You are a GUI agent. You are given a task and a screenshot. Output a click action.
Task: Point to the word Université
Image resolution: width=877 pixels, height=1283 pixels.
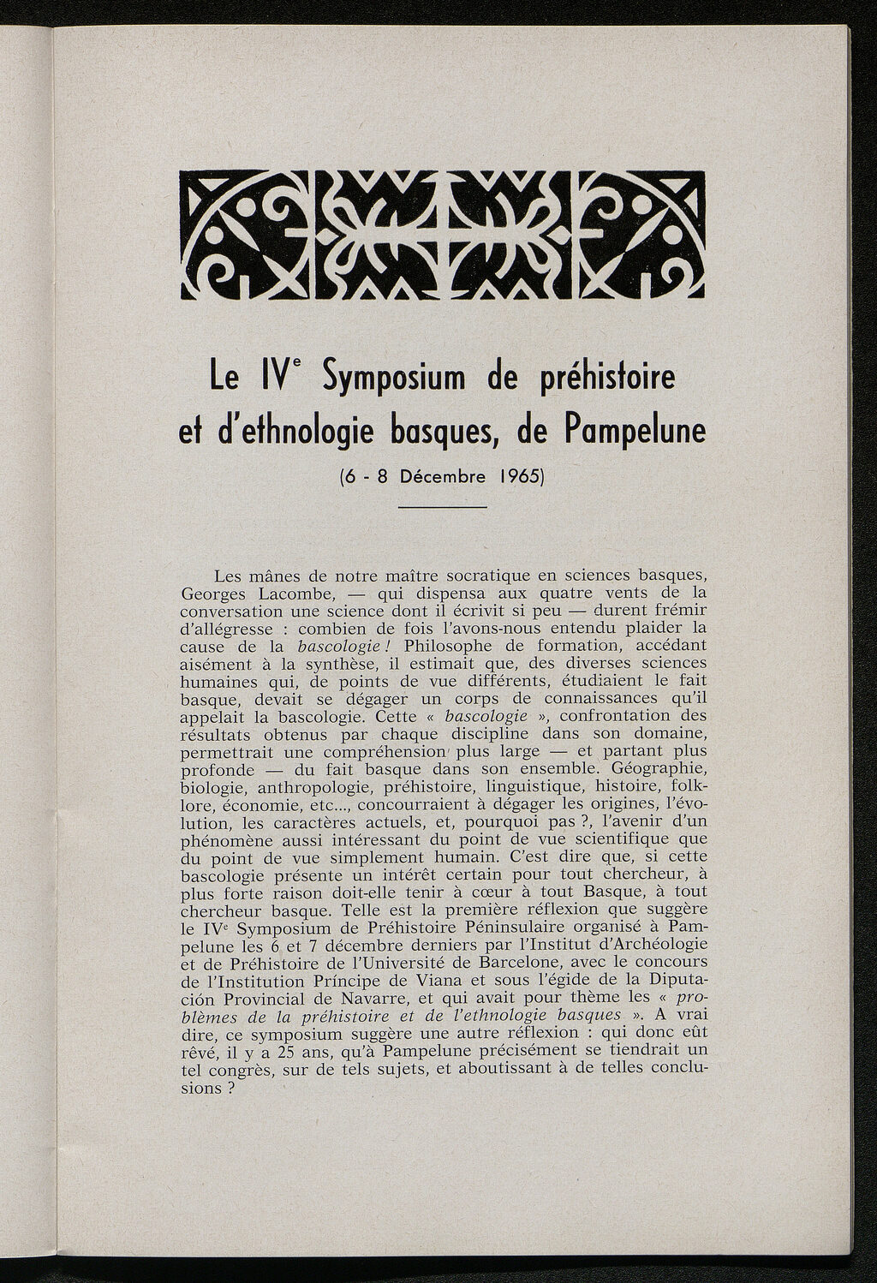pos(419,962)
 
